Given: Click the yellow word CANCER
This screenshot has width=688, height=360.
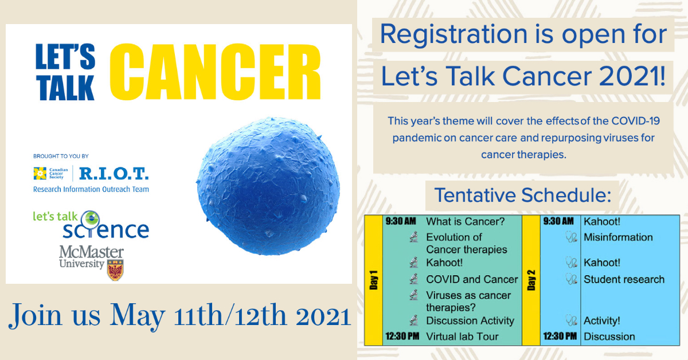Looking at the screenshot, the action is (216, 72).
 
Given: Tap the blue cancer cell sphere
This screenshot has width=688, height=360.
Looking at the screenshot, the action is (268, 186).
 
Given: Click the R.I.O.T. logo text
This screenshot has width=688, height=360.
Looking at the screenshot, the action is (114, 174).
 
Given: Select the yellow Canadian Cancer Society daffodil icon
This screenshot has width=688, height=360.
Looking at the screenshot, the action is (40, 174).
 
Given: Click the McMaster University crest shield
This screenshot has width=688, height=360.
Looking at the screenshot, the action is (115, 270).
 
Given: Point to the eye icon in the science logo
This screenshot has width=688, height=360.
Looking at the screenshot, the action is (91, 219).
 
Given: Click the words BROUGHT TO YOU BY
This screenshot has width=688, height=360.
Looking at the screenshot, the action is (61, 156).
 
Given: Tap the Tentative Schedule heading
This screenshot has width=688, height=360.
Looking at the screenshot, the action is (523, 195).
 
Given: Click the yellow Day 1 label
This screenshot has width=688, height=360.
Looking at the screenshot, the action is (373, 280).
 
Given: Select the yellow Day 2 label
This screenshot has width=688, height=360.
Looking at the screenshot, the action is (531, 280).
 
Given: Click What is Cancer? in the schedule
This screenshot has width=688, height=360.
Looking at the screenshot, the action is (466, 221).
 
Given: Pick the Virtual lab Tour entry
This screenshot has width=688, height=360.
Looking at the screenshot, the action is (462, 336).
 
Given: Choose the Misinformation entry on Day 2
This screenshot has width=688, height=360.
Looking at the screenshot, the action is (618, 237).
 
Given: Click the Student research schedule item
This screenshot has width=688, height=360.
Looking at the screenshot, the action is (624, 279).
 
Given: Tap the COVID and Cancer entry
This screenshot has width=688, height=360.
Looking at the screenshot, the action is (472, 279).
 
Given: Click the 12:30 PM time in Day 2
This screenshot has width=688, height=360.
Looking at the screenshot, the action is (560, 336).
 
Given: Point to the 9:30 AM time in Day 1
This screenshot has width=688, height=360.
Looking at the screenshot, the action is (401, 221).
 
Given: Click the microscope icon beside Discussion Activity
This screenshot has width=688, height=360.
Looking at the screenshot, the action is (414, 320).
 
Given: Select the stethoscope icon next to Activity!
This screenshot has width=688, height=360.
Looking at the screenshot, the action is (571, 320).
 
